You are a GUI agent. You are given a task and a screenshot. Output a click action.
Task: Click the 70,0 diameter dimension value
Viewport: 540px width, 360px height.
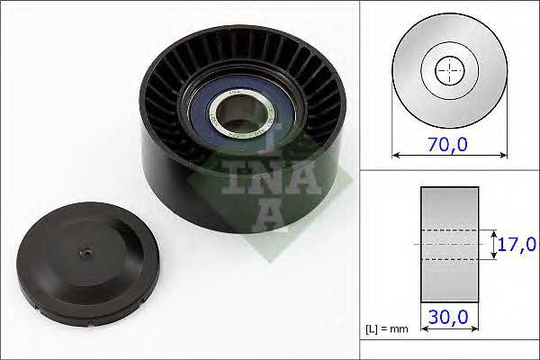pyautogui.click(x=447, y=144)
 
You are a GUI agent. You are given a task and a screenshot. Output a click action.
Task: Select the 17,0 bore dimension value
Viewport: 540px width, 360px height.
pyautogui.click(x=517, y=244)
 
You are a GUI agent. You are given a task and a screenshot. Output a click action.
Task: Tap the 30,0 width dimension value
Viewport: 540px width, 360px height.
pyautogui.click(x=448, y=317)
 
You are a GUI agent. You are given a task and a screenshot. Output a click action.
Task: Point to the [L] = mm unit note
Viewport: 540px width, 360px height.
pyautogui.click(x=386, y=329)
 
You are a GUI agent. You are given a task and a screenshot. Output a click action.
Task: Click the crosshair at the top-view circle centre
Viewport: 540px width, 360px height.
pyautogui.click(x=449, y=70)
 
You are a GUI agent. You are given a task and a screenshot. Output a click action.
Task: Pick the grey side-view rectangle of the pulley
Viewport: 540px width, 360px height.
pyautogui.click(x=449, y=245)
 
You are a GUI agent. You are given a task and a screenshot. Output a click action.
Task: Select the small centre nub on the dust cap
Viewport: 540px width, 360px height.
pyautogui.click(x=86, y=254)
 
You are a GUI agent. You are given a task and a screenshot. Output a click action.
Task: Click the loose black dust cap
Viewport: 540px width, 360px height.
pyautogui.click(x=88, y=264)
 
